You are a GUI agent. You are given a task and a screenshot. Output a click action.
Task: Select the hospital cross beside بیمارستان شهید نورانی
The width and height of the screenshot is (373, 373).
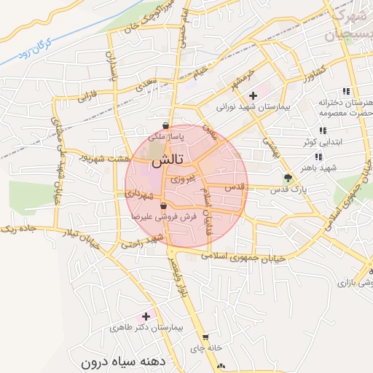coord(253,95)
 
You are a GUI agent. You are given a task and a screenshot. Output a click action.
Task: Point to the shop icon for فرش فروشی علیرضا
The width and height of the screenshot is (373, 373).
coord(172,207)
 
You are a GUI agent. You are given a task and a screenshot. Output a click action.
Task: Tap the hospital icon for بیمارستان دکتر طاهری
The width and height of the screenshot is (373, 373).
coord(146,316)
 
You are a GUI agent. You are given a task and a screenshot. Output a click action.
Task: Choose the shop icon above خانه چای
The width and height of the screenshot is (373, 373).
coord(206,337)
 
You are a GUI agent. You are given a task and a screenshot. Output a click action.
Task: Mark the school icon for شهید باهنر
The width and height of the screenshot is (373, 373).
coord(318,156)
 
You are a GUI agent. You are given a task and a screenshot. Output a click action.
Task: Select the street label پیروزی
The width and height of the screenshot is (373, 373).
coord(178,178)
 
